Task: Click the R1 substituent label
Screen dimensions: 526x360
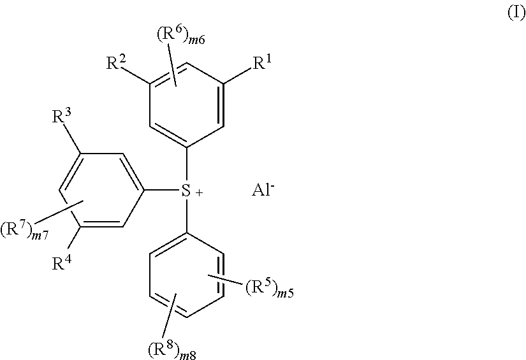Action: click(x=261, y=63)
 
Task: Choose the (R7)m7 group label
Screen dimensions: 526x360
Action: click(x=25, y=231)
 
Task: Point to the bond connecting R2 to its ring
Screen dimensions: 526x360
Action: click(x=136, y=75)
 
